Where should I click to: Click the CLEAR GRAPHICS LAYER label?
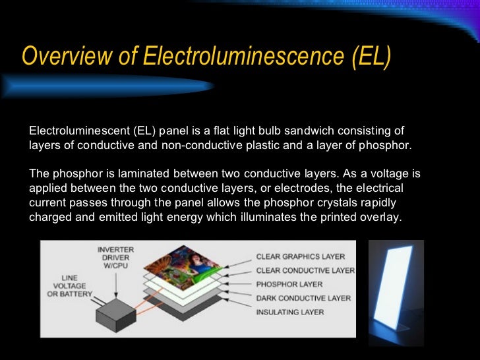301,256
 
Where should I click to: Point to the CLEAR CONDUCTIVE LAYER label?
305,270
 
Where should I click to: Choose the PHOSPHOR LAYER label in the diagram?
289,284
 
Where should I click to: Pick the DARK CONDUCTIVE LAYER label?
303,298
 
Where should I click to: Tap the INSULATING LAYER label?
290,312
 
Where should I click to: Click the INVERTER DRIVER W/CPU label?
115,258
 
